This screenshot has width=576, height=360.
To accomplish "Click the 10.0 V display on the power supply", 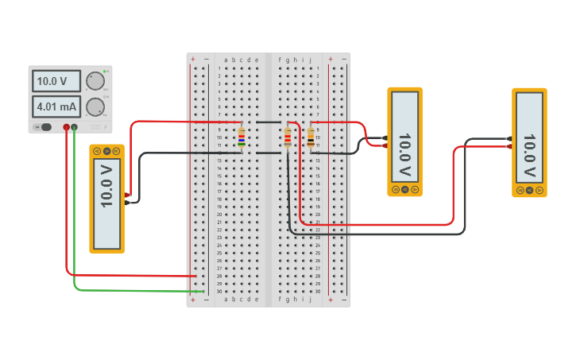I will tap(56, 81).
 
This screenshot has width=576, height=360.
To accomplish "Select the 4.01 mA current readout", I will tap(56, 106).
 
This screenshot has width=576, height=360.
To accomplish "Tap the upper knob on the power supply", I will tap(95, 81).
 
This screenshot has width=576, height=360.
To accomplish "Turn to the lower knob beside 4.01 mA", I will tap(95, 107).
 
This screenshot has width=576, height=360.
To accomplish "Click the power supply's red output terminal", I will tap(66, 127).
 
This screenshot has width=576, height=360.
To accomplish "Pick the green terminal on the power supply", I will tap(74, 127).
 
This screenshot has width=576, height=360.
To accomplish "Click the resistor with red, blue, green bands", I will tap(242, 138).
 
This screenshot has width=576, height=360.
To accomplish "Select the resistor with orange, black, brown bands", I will tap(311, 138).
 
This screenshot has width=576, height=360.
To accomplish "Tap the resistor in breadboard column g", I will tap(288, 138).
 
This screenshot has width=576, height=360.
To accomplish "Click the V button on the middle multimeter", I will tap(405, 190).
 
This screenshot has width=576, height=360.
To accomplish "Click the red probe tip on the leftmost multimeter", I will tap(127, 195).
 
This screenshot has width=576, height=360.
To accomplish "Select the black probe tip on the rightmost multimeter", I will tap(508, 138).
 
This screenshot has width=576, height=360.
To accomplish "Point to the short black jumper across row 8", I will tap(269, 122).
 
